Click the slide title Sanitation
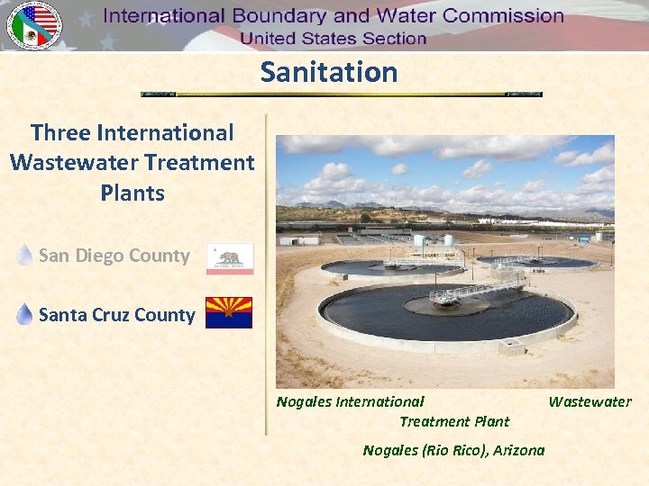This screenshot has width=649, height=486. pos(329,72)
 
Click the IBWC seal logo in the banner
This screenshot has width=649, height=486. pos(33,25)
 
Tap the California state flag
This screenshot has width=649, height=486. pos(230,258)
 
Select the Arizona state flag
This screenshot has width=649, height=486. pos(229,313)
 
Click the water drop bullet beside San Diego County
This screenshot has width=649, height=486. pos(25,256)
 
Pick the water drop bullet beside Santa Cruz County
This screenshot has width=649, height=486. pos(25,314)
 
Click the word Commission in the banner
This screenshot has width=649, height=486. pos(503,16)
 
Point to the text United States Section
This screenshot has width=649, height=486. pos(333,39)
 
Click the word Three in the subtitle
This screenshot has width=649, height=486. pos(60,133)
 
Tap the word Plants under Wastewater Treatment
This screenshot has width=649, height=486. pos(133,193)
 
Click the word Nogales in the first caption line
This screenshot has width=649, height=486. pos(304,401)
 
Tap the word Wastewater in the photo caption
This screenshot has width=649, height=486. pos(590,401)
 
